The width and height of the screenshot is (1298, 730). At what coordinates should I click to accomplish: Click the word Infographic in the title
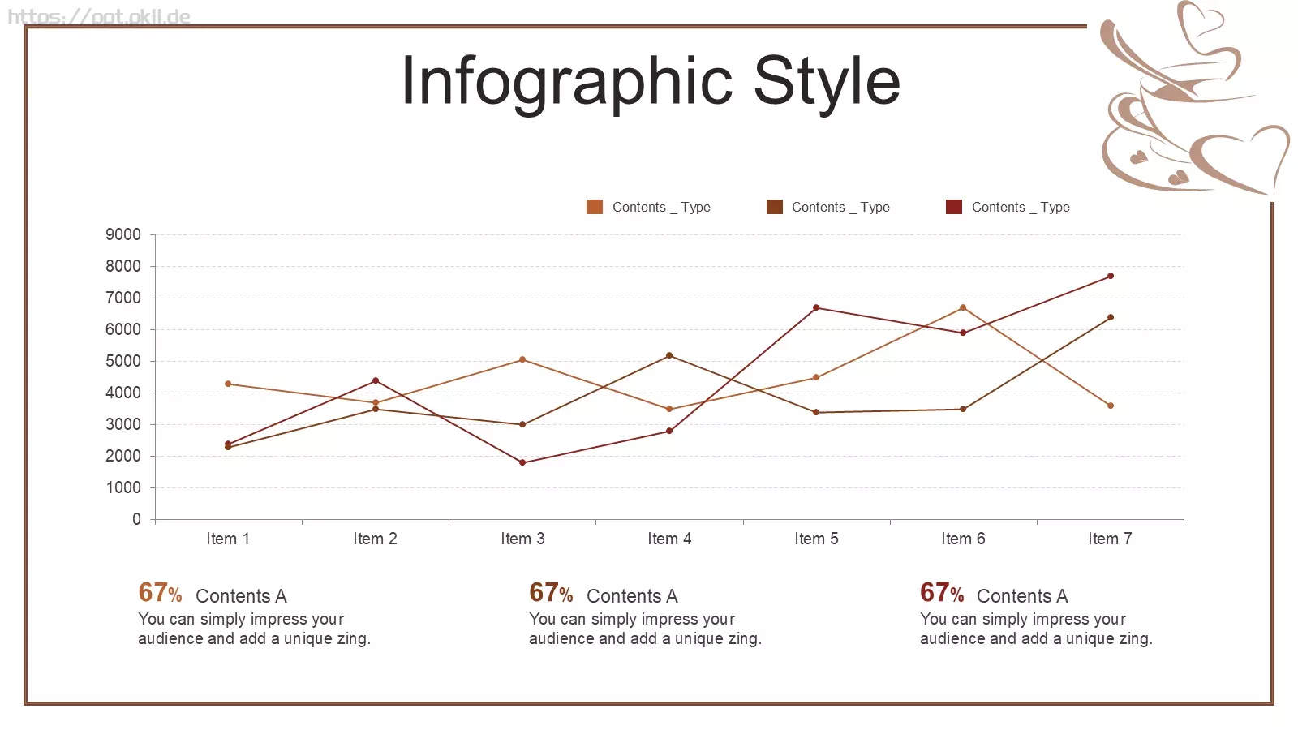(567, 82)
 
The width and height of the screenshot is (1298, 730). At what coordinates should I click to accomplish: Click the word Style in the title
(827, 82)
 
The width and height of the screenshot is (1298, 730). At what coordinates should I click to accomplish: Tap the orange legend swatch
(595, 207)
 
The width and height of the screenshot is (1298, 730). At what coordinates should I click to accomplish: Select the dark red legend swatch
(954, 207)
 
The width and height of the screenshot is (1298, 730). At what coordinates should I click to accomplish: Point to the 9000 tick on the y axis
(122, 234)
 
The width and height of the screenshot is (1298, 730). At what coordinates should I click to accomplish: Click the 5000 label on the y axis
(122, 361)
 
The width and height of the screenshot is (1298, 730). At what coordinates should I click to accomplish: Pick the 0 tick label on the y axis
(137, 519)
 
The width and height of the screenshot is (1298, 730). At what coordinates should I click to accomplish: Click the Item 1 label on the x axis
(228, 539)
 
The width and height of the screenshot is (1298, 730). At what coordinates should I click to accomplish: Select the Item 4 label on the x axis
(669, 539)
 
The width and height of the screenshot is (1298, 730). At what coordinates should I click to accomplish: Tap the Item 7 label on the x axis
(1111, 539)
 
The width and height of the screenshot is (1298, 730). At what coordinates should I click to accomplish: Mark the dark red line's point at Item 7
(1111, 276)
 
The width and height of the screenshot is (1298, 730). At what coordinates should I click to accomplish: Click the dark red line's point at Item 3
(522, 462)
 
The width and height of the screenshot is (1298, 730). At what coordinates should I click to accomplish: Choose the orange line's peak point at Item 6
(963, 307)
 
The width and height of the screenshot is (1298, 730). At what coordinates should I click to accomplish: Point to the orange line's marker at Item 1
(228, 384)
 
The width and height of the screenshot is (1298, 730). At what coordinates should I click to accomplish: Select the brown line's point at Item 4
(669, 355)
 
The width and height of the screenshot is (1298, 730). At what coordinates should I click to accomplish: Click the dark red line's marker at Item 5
(816, 307)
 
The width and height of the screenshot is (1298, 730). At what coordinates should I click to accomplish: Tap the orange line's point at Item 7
(1111, 406)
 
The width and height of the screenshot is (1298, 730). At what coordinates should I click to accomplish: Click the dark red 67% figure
(942, 593)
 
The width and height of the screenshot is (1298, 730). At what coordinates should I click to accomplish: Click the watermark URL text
(99, 16)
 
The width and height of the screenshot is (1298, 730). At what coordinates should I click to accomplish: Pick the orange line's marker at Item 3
(522, 359)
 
